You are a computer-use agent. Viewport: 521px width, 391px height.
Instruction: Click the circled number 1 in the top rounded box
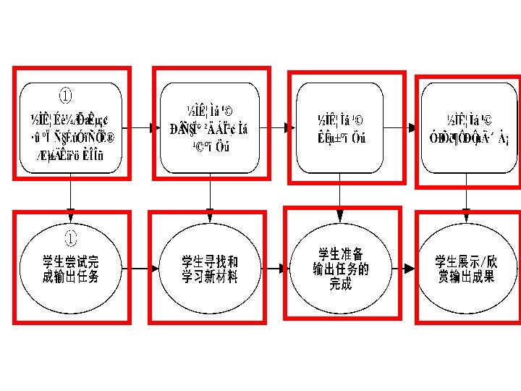pos(65,96)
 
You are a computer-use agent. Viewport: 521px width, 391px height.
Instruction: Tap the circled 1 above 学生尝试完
pos(70,236)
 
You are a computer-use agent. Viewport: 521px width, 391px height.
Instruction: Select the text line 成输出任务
pos(70,277)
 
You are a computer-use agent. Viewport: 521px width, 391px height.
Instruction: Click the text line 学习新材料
pos(210,277)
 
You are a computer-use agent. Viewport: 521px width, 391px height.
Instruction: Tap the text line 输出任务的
pos(340,269)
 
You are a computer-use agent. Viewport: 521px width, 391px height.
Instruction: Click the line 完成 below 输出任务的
pos(340,284)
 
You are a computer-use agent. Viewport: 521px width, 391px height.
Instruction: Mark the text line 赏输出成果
pos(467,277)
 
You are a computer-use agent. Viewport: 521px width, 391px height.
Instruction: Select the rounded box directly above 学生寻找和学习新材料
pos(210,127)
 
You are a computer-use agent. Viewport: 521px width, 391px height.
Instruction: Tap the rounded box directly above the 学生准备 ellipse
pos(340,127)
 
